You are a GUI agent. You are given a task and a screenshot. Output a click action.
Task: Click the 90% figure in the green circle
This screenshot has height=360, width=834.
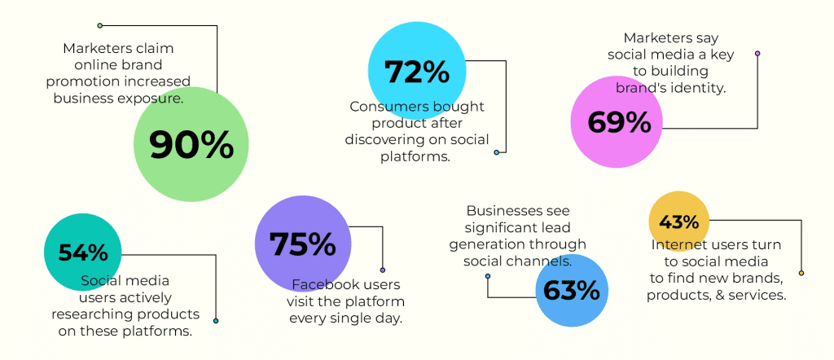pos(191,145)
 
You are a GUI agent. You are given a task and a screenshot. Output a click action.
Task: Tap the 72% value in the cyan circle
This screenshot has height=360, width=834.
pos(417,72)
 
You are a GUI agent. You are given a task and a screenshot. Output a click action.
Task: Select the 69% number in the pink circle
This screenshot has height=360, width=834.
pos(619,122)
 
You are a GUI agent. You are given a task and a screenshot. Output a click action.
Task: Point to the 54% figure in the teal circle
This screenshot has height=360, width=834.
pos(83,252)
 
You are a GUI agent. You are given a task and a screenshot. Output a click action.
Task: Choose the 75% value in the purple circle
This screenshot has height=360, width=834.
pos(303,244)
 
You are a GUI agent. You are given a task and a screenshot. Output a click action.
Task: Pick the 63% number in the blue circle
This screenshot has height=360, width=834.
pos(572,290)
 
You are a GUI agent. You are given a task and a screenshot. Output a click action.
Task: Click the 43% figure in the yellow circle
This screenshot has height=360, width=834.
pos(679,222)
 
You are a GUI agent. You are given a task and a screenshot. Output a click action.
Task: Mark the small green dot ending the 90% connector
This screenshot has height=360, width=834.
pos(99,25)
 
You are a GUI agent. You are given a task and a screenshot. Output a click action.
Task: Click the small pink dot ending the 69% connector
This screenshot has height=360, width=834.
pos(757,53)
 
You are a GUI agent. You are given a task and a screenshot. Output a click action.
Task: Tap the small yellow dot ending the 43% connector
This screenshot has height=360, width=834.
pos(801,273)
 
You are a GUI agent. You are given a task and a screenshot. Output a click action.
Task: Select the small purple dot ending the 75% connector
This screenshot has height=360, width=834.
pos(383,270)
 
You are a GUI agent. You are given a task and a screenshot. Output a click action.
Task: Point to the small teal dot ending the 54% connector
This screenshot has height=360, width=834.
pos(215,321)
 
